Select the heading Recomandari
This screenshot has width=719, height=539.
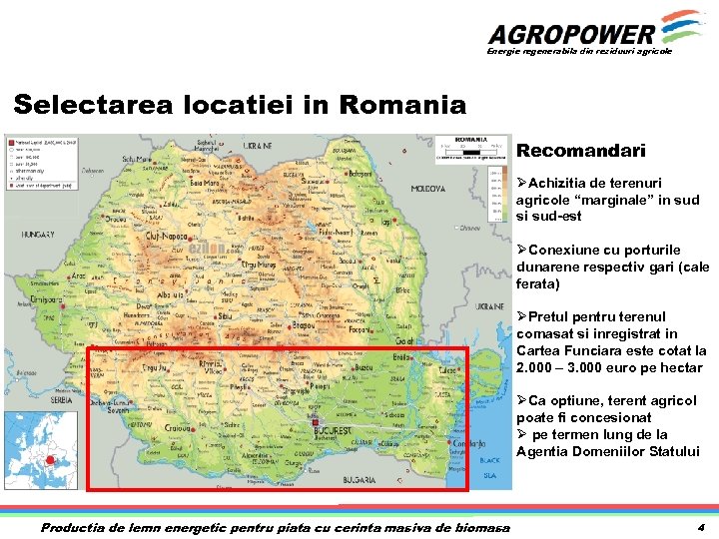coord(580,152)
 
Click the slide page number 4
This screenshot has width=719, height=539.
coord(701,527)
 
